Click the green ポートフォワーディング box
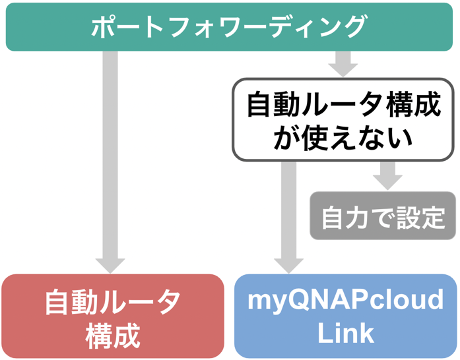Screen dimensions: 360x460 pos(229,26)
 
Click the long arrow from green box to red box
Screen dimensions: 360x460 pos(111,158)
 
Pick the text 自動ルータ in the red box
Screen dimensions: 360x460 pos(113,302)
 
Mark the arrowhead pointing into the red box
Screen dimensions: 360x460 pos(111,263)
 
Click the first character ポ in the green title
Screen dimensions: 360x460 pos(104,27)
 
